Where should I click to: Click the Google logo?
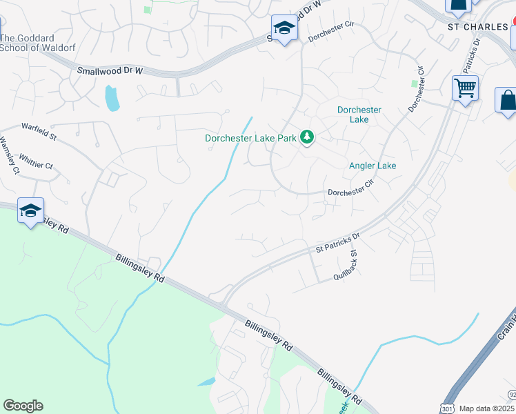pyautogui.click(x=23, y=406)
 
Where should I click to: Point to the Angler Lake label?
pyautogui.click(x=373, y=166)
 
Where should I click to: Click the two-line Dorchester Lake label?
pyautogui.click(x=359, y=115)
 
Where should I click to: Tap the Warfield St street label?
pyautogui.click(x=39, y=128)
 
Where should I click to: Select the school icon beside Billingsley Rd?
pyautogui.click(x=30, y=210)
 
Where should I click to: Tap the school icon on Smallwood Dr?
pyautogui.click(x=284, y=28)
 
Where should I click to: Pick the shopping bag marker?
pyautogui.click(x=507, y=100)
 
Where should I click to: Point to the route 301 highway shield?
pyautogui.click(x=446, y=408)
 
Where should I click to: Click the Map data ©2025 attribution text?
pyautogui.click(x=487, y=408)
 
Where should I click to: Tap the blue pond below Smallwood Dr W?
pyautogui.click(x=111, y=98)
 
